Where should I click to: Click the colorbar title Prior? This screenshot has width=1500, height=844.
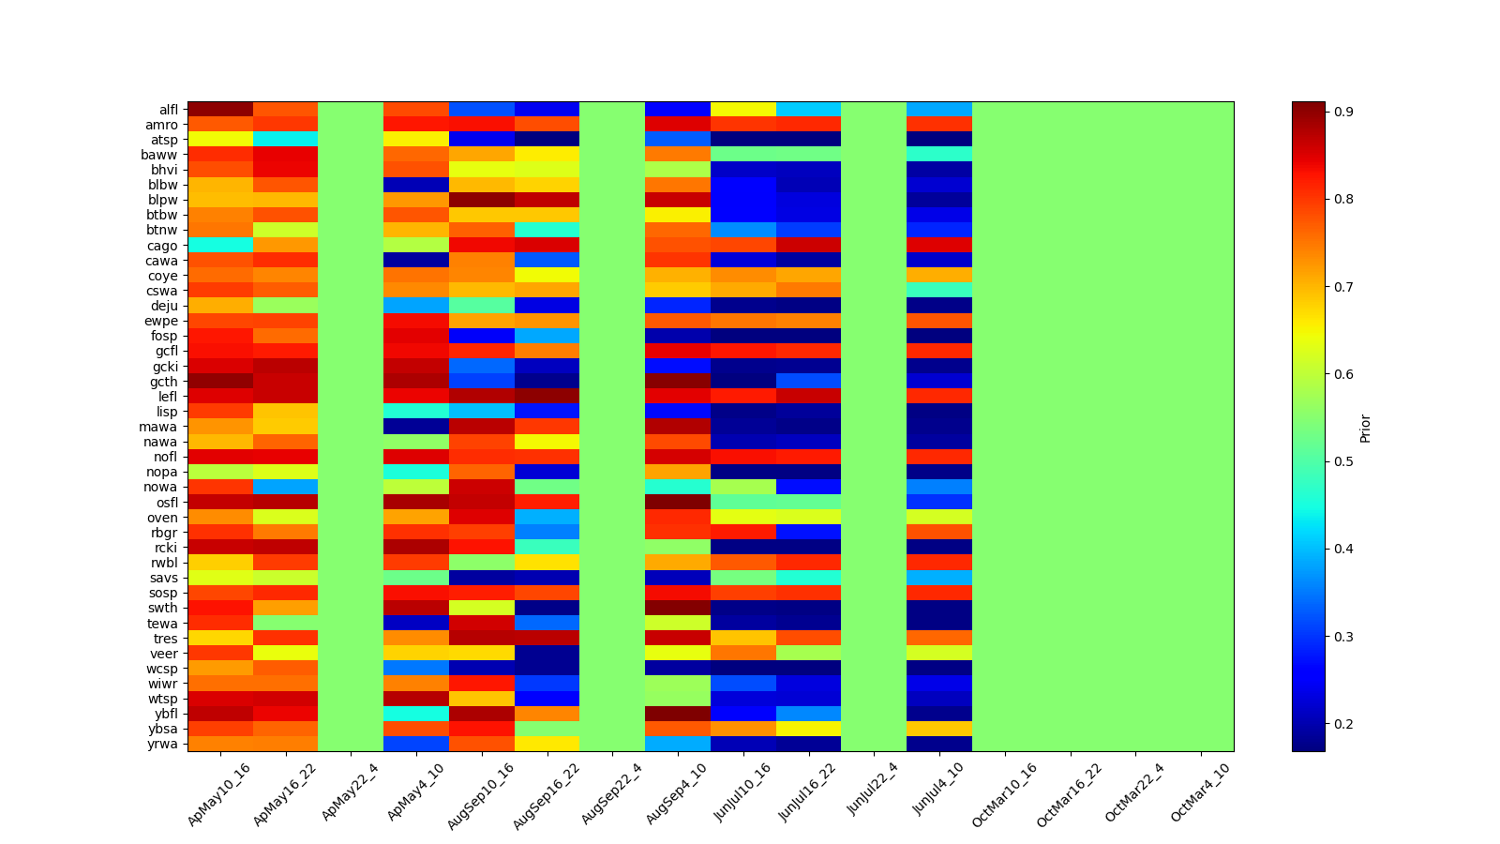1365,428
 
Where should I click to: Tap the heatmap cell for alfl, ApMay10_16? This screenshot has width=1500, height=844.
220,109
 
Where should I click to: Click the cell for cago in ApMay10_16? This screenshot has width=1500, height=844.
220,245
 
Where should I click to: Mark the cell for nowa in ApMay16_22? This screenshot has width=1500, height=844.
285,487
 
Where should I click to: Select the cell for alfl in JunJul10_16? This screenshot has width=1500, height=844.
743,109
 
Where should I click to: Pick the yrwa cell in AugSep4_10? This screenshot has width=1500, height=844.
678,744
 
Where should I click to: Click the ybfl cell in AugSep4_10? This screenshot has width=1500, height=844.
678,714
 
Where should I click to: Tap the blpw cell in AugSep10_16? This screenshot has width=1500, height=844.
482,200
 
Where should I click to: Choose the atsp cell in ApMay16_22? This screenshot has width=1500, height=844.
285,139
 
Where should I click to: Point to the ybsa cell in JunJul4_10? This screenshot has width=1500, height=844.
939,729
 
